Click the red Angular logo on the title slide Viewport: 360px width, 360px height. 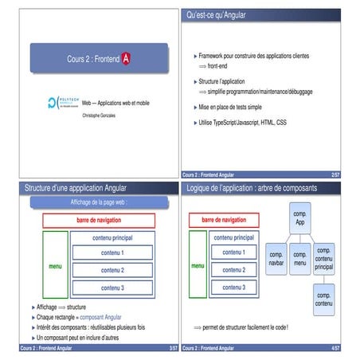click(126, 59)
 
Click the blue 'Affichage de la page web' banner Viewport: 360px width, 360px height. click(100, 203)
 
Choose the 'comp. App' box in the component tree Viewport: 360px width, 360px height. click(300, 217)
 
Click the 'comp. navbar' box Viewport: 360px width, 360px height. click(277, 258)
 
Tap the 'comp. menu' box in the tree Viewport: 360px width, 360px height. click(300, 258)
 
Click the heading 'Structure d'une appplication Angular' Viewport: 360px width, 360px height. click(76, 189)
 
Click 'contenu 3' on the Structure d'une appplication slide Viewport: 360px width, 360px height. click(112, 287)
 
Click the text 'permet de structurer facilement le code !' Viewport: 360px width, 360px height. click(246, 327)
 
